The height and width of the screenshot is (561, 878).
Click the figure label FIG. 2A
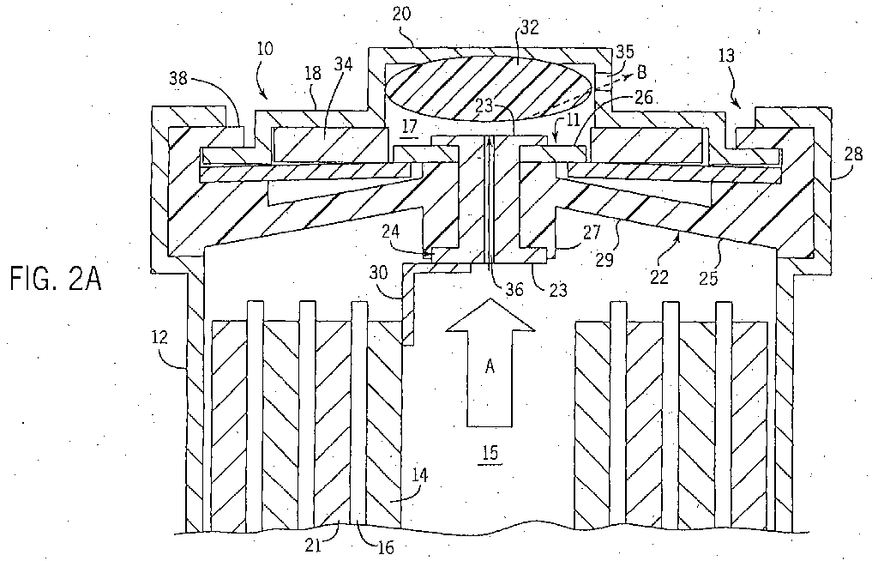coord(56,280)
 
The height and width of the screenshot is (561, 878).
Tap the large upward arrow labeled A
coord(490,362)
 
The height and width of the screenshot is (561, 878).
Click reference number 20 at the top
coord(401,15)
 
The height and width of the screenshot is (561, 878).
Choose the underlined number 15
coord(490,453)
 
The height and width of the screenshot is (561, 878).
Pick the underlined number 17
coord(409,127)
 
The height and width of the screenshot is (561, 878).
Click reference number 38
coord(179,79)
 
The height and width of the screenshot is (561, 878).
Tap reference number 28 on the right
coord(853,154)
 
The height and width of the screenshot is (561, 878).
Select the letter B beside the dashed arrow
coord(641,72)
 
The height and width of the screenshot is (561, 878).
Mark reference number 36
coord(515,289)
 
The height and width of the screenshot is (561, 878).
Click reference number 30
coord(379,273)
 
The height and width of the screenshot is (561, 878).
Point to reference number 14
coord(418,475)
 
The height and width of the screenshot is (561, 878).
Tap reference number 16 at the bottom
coord(386,547)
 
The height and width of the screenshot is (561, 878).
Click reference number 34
coord(343,65)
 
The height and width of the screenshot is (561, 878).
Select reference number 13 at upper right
coord(726,57)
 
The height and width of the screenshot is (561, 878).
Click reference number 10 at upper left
coord(265,49)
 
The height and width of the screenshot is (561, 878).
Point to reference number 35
coord(624,51)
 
